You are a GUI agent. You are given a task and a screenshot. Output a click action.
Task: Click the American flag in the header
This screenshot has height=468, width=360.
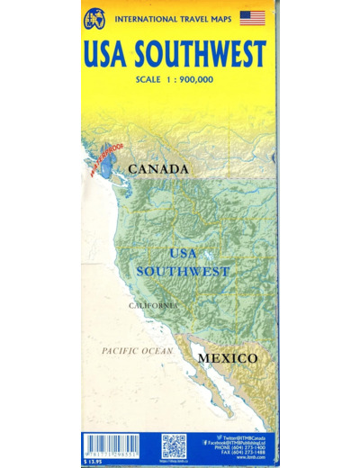click(x=253, y=17)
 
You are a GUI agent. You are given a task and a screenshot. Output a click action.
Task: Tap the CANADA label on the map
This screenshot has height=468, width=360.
click(x=157, y=169)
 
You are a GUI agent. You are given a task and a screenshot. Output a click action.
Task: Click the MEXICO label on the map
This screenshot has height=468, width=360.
click(x=228, y=358)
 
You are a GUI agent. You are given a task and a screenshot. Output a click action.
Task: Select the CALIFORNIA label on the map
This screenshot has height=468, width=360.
click(x=153, y=306)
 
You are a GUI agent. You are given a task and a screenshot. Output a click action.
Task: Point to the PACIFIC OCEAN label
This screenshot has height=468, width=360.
click(x=136, y=350)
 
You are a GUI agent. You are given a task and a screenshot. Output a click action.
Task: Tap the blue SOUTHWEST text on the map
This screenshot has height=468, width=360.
click(x=183, y=270)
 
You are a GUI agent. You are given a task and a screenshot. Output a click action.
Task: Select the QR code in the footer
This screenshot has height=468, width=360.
click(x=174, y=445)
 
